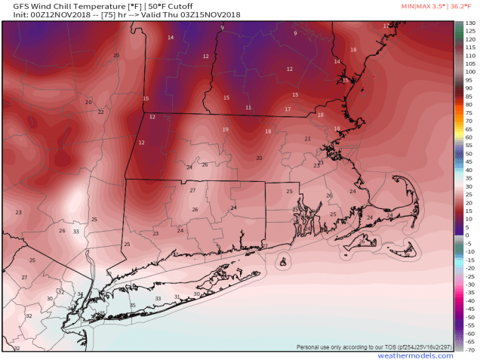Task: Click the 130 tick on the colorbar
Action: coord(469,24)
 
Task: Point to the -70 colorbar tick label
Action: coord(469,350)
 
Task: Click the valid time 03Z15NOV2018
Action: coord(206,14)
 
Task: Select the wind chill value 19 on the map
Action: coord(225,130)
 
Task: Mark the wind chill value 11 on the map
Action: coord(248,108)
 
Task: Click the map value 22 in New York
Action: coord(100,112)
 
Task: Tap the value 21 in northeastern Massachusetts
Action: coord(307,139)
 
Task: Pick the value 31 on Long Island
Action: coord(177,297)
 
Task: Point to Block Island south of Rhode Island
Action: coord(282,262)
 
